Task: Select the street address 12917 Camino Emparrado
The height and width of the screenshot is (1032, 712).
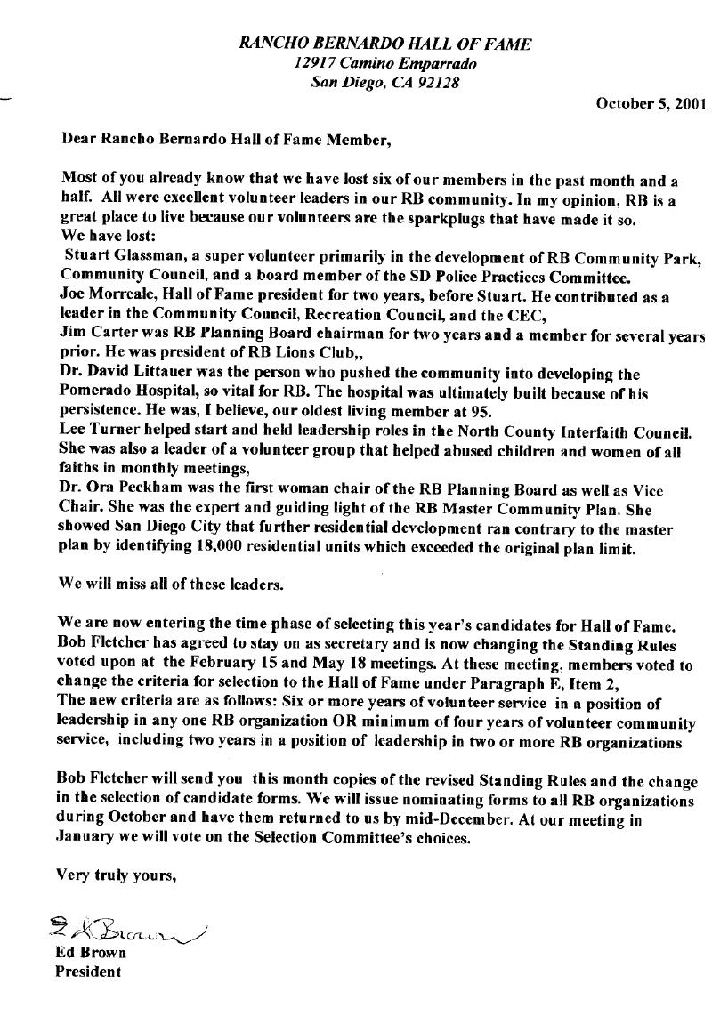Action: click(385, 64)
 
